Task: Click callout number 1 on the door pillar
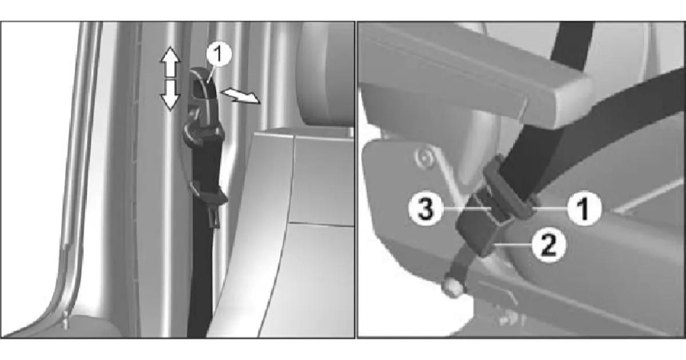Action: (x=219, y=54)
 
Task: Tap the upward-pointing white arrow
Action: (x=170, y=62)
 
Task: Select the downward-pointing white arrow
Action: (x=170, y=95)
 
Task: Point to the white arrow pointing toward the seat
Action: (x=241, y=95)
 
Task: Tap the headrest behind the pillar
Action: (x=325, y=74)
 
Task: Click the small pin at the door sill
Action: (x=65, y=320)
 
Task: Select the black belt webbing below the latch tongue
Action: (x=201, y=269)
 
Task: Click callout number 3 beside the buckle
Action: (x=426, y=209)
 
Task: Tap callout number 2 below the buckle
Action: (x=549, y=245)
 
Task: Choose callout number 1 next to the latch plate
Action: (x=585, y=209)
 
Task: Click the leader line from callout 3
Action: (x=468, y=209)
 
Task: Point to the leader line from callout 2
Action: (x=513, y=245)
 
